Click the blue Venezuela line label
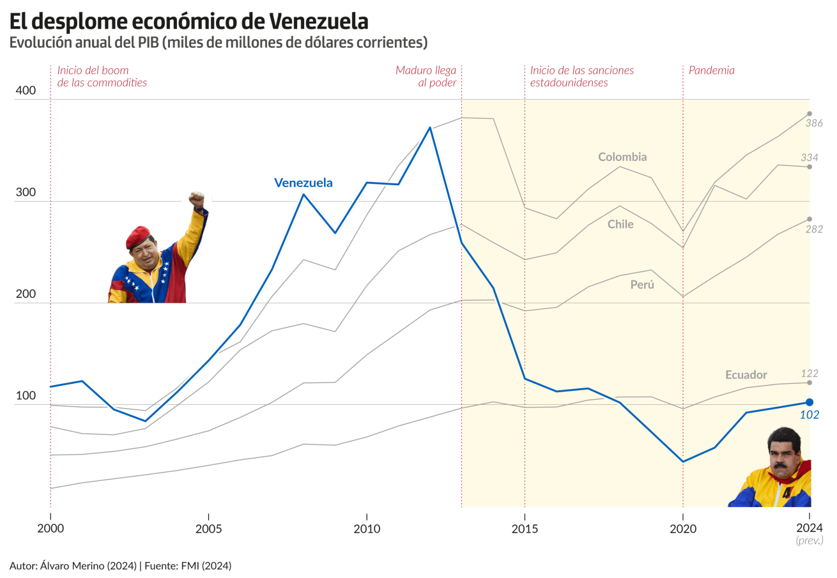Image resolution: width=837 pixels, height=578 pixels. pyautogui.click(x=303, y=183)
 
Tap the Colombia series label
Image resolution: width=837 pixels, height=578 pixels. pyautogui.click(x=622, y=157)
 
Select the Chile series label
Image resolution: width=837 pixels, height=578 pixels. pyautogui.click(x=620, y=224)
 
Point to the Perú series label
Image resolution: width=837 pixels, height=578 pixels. pyautogui.click(x=642, y=285)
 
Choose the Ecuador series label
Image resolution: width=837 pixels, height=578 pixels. pyautogui.click(x=746, y=375)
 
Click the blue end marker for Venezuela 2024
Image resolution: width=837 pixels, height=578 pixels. pyautogui.click(x=809, y=402)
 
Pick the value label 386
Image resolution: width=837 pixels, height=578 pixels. pyautogui.click(x=813, y=123)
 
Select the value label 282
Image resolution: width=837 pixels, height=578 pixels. pyautogui.click(x=813, y=229)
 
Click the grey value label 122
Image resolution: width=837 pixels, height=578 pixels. pyautogui.click(x=810, y=373)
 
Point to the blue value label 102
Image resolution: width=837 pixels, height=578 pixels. pyautogui.click(x=810, y=415)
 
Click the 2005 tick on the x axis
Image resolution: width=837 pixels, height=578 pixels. pyautogui.click(x=208, y=528)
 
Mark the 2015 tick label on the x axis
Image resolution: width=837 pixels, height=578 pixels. pyautogui.click(x=525, y=528)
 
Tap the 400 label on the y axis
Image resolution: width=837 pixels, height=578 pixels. pyautogui.click(x=26, y=91)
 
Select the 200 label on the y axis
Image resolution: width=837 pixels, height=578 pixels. pyautogui.click(x=26, y=294)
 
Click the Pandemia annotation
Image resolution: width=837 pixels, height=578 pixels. pyautogui.click(x=711, y=71)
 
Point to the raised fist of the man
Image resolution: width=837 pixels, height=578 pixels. pyautogui.click(x=197, y=199)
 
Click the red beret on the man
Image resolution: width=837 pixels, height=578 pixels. pyautogui.click(x=137, y=237)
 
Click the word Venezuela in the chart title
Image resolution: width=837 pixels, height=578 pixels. pyautogui.click(x=319, y=21)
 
